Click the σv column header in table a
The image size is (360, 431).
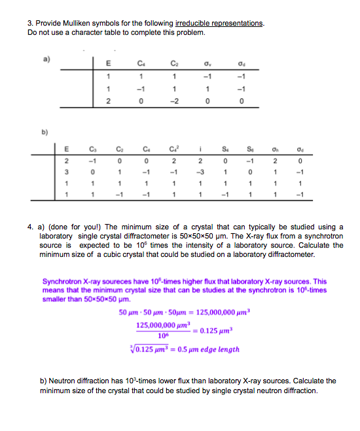click(x=208, y=64)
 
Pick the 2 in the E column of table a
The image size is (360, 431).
click(x=109, y=100)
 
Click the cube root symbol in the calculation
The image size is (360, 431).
click(x=139, y=349)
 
